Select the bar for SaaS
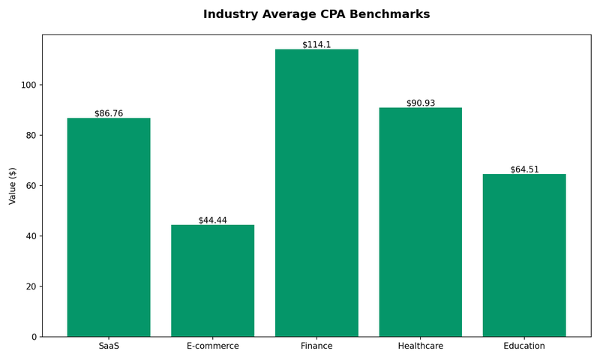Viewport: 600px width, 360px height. coord(109,227)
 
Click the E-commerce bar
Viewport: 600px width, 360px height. coord(213,280)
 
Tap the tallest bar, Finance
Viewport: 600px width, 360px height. coord(316,193)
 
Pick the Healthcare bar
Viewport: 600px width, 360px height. coord(421,222)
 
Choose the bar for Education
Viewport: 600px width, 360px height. coord(524,256)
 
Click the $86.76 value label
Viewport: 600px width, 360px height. coord(109,113)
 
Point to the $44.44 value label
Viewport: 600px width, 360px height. coord(213,220)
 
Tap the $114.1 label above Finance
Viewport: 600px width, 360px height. coord(316,45)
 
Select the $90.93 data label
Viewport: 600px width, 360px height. coord(421,103)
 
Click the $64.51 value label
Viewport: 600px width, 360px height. coord(524,169)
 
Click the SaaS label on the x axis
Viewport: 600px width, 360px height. coord(109,346)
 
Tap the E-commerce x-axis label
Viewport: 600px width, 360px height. coord(213,346)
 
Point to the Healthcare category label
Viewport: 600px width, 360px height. coord(421,346)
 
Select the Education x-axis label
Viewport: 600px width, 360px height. coord(524,346)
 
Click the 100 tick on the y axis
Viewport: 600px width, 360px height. coord(28,85)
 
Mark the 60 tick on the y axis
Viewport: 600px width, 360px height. coord(31,186)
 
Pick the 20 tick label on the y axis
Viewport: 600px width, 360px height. coord(31,286)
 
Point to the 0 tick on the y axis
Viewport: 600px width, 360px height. coord(34,337)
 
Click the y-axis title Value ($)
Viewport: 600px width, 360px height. coord(13,186)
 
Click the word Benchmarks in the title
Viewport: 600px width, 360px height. coord(389,14)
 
